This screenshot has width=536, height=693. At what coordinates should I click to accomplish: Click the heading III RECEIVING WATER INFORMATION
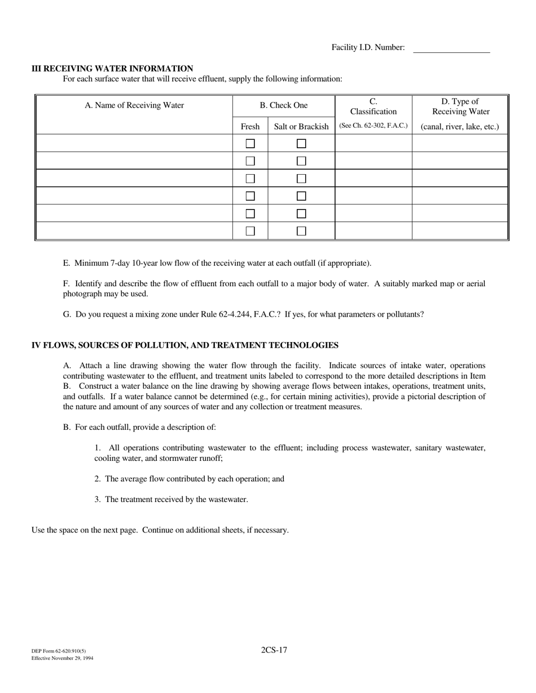pos(112,68)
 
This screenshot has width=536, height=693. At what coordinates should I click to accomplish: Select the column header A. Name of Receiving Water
pos(134,105)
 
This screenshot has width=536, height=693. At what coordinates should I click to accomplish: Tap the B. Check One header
pos(284,105)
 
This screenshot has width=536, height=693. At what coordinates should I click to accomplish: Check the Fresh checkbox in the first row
pos(250,144)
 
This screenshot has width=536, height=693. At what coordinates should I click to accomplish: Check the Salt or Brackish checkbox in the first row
pos(301,144)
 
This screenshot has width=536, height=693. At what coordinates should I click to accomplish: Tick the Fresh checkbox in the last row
pos(250,231)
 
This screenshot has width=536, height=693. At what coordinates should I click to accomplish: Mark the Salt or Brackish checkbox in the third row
pos(301,179)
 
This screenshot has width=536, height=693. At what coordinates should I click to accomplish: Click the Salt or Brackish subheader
pos(301,127)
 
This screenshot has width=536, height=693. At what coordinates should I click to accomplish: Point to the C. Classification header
pos(374,106)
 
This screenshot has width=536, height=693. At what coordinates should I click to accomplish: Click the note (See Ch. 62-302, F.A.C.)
pos(374,126)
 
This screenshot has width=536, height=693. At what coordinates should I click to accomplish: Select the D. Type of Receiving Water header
pos(460,106)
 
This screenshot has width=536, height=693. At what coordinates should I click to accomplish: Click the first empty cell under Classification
pos(374,143)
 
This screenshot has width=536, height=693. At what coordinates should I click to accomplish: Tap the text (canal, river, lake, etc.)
pos(460,127)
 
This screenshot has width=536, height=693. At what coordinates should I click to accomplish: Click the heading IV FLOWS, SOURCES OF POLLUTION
pos(185,345)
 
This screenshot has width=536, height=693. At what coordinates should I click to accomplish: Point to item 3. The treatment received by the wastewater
pos(172,499)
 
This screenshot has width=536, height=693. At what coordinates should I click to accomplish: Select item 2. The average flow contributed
pos(190,479)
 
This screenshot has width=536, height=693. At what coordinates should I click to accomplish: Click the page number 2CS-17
pos(274,650)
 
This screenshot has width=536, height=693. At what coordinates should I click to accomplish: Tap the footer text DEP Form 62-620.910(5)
pos(59,651)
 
